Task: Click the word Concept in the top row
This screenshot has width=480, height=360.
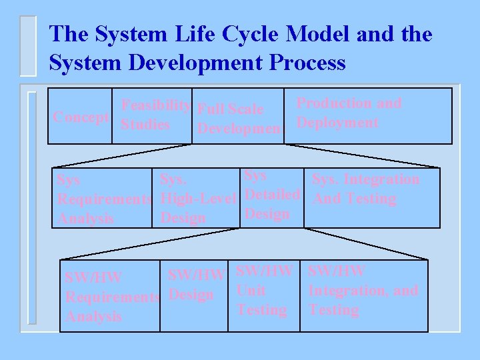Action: click(x=81, y=117)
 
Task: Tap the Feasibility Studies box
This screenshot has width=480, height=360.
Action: click(x=152, y=115)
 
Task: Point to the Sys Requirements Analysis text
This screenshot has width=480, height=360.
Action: click(x=103, y=199)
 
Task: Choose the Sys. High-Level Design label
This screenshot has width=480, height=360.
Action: click(x=198, y=199)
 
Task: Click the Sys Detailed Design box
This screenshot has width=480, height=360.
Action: click(x=272, y=195)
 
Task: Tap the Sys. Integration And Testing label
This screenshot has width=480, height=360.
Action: click(x=365, y=189)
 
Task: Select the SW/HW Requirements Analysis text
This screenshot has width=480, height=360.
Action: click(x=111, y=296)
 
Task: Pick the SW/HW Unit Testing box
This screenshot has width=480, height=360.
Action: click(x=264, y=290)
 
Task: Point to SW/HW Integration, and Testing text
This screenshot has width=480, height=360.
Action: click(x=363, y=290)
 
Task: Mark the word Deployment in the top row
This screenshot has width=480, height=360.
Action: click(x=337, y=123)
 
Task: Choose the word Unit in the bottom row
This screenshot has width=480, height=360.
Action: click(x=251, y=291)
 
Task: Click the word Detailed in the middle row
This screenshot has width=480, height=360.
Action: click(x=273, y=195)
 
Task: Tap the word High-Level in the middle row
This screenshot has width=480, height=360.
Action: click(x=199, y=199)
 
